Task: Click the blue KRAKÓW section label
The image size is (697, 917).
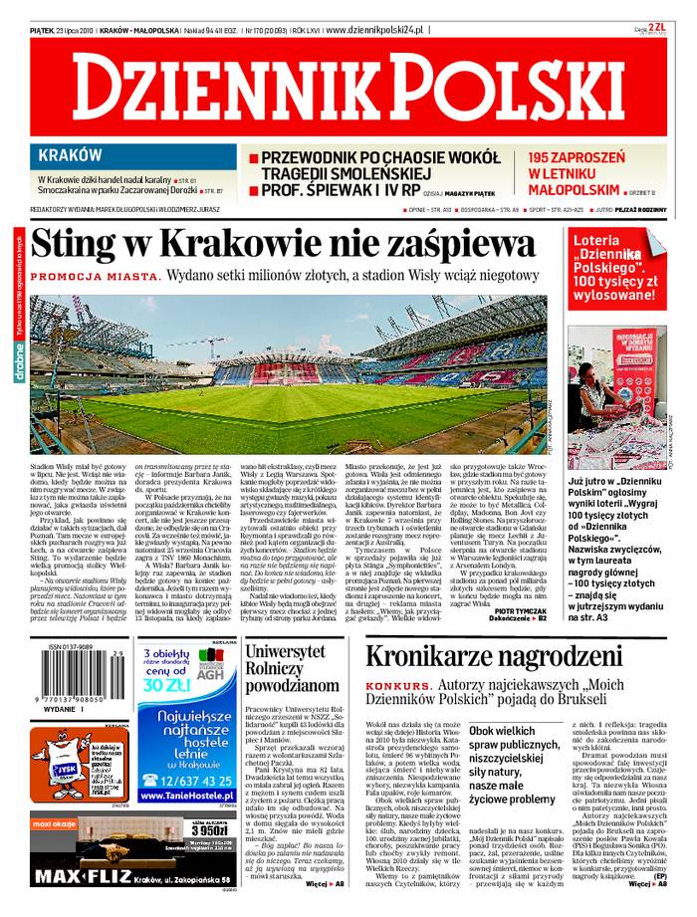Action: pos(70,155)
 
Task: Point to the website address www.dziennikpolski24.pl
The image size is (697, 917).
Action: pos(373,31)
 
